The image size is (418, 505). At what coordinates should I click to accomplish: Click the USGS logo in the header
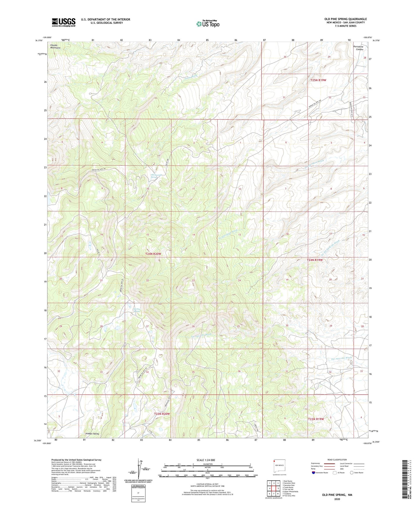pos(63,22)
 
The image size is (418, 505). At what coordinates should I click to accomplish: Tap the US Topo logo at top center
pos(208,23)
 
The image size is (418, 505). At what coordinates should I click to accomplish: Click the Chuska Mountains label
pos(55,46)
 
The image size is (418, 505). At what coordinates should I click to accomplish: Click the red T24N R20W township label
pos(153,254)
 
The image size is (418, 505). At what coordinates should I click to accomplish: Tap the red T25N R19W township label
pos(318,80)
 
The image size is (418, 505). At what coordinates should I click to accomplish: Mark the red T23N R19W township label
pos(316,419)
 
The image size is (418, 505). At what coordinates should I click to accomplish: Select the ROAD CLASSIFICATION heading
pos(337,460)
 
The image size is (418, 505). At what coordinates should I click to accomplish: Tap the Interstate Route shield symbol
pos(314,473)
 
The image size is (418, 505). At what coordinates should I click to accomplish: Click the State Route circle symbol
pos(351,473)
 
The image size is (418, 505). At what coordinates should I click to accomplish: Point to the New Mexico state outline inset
pos(279,466)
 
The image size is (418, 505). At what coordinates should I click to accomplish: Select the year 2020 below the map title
pos(337,499)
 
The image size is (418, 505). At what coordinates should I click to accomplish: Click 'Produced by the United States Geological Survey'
pos(76,460)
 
